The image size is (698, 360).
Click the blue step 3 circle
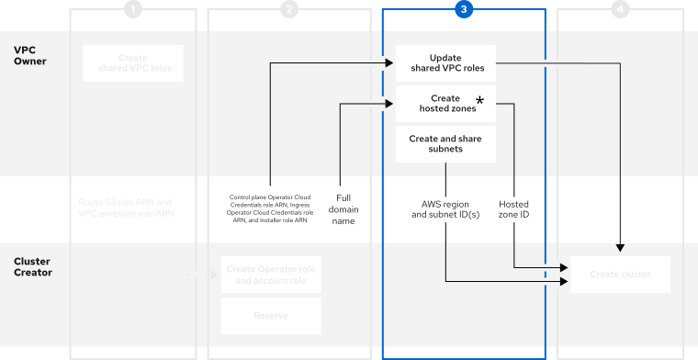pos(464,9)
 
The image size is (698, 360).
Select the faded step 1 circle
pos(133,9)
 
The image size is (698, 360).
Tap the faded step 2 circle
pos(289,9)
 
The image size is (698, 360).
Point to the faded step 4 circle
pos(621,9)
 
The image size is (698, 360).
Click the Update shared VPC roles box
pos(445,62)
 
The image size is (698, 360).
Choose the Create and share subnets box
pos(445,144)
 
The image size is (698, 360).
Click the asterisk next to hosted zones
pos(479,99)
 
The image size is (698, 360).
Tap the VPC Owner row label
pos(30,55)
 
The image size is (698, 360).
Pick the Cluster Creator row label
pos(32,266)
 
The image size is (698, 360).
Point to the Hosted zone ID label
pos(513,208)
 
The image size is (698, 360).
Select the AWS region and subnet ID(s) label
pos(445,208)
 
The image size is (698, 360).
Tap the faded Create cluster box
pos(620,275)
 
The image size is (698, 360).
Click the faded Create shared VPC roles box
pos(133,62)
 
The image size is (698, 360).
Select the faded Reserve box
pos(271,316)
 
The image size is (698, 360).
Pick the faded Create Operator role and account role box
pos(271,275)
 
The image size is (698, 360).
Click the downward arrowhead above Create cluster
pos(621,248)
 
